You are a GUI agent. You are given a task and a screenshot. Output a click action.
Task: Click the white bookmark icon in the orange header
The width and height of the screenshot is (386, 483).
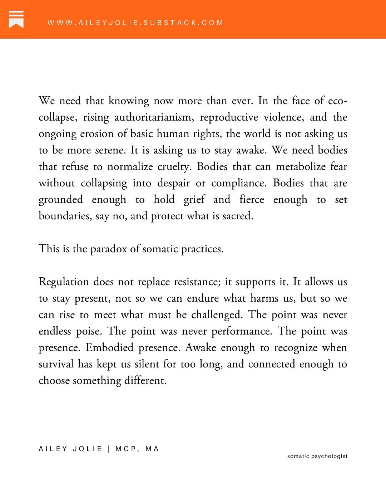[16, 19]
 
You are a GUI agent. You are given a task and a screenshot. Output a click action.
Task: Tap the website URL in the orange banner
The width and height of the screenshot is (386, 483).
[135, 23]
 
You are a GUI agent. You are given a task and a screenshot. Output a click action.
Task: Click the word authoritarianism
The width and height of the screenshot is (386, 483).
[153, 117]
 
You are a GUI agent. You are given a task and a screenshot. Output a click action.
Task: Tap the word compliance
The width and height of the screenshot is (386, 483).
[238, 183]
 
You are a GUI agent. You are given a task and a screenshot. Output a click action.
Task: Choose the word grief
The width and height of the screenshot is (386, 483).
[194, 200]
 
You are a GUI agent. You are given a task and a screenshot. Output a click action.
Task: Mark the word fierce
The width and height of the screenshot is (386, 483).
[252, 200]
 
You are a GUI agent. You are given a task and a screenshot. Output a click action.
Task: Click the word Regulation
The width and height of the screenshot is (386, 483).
[64, 282]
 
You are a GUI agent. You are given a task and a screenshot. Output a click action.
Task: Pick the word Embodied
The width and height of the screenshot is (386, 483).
[109, 348]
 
